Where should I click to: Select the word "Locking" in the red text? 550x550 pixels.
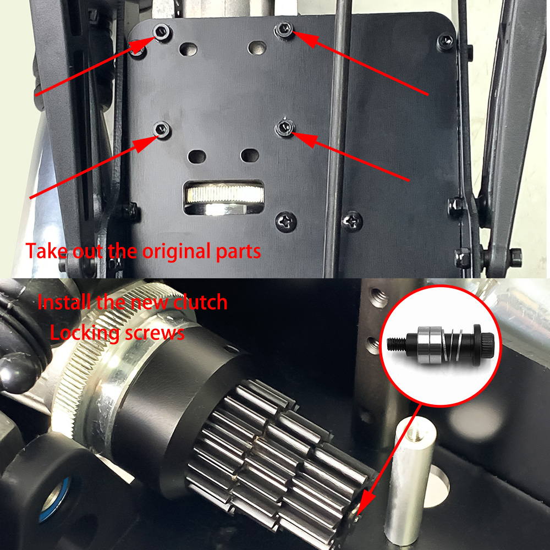[85, 333]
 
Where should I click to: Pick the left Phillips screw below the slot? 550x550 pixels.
[286, 222]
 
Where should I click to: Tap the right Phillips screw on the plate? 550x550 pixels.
[352, 221]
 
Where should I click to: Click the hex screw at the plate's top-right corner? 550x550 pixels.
[446, 41]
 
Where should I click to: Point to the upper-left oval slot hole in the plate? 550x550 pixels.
[188, 50]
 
